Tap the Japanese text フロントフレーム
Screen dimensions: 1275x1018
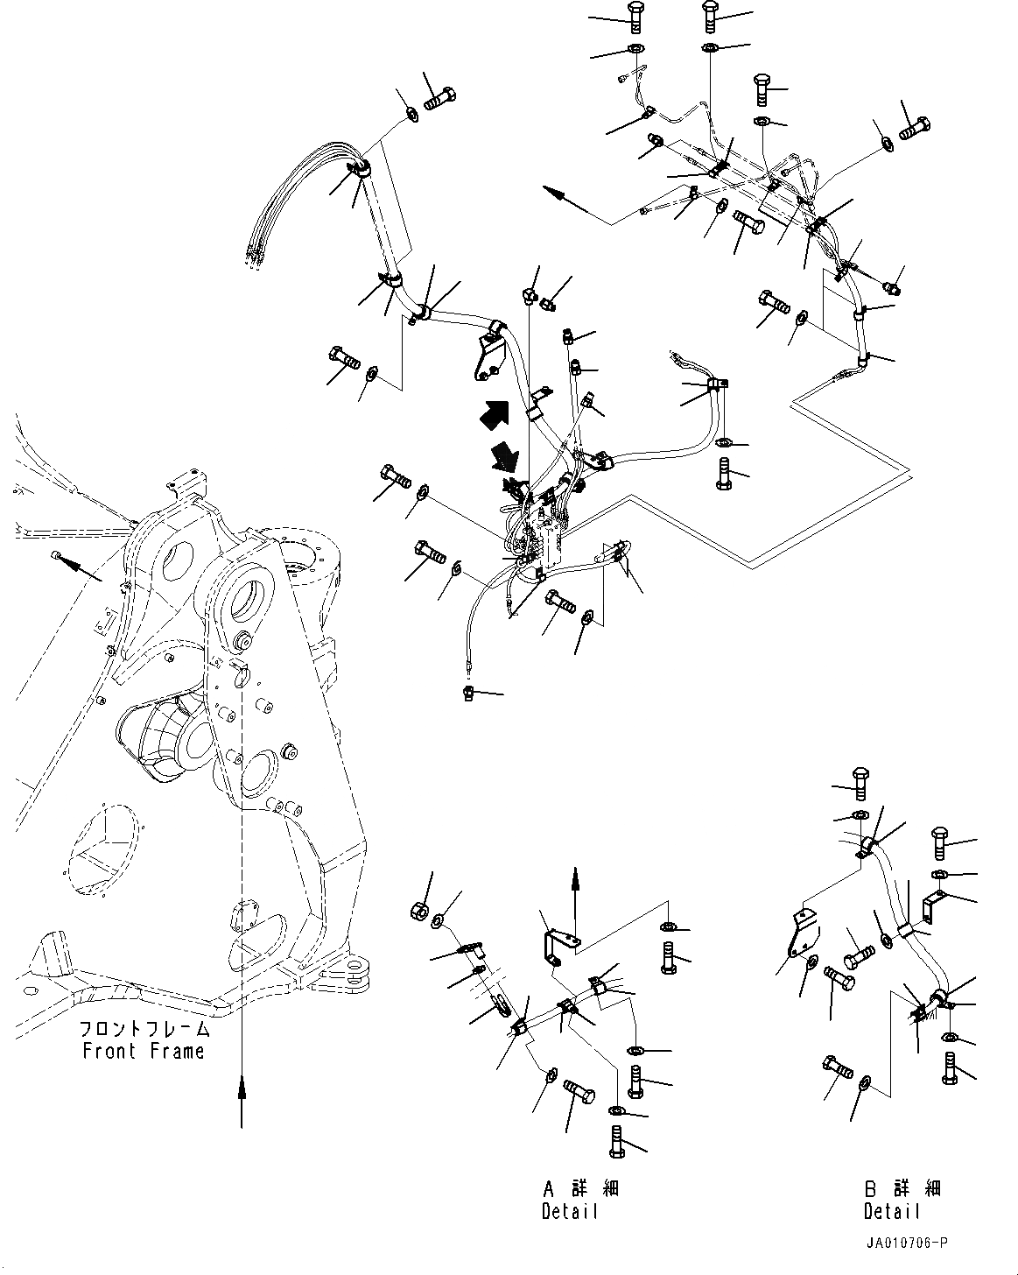tap(144, 1029)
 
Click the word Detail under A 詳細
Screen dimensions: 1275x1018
tap(570, 1212)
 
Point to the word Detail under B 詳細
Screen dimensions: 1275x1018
tap(892, 1212)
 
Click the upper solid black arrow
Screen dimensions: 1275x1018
tap(492, 412)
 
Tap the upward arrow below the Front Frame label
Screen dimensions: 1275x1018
tap(242, 1099)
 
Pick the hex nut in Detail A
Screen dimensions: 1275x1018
tap(418, 910)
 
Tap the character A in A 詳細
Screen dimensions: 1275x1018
tap(549, 1188)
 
